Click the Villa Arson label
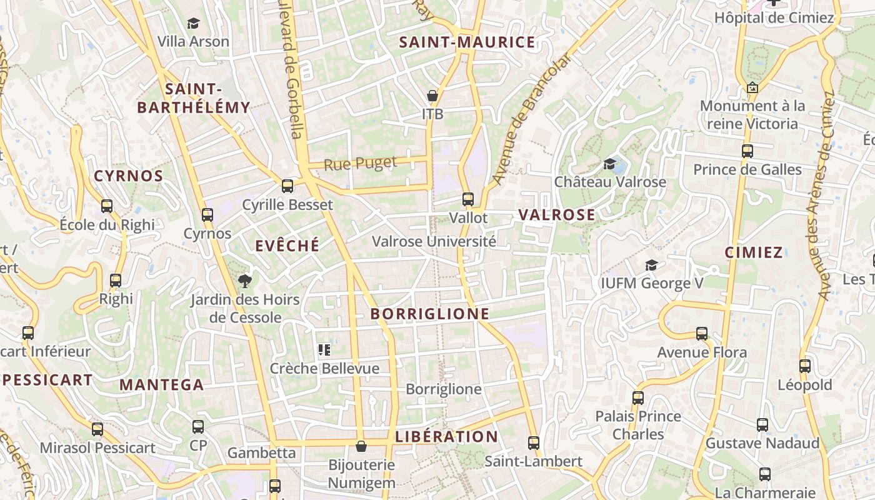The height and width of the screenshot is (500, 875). click(193, 42)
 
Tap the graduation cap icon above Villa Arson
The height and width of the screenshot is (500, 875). click(193, 24)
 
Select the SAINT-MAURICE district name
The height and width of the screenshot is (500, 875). click(467, 42)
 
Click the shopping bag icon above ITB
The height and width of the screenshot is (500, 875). click(432, 96)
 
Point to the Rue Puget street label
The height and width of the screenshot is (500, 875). click(361, 164)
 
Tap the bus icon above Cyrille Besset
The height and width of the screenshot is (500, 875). click(287, 186)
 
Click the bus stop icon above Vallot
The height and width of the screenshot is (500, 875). click(468, 199)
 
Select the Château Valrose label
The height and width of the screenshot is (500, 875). click(610, 182)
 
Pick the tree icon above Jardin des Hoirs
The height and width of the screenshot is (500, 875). click(244, 281)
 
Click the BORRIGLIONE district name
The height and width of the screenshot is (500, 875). click(430, 314)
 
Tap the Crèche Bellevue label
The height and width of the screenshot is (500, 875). click(324, 368)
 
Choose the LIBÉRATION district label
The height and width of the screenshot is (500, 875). click(446, 437)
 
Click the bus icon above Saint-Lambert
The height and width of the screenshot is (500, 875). click(533, 442)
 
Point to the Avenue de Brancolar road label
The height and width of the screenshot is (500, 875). click(531, 119)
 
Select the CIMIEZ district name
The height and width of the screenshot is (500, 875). click(754, 252)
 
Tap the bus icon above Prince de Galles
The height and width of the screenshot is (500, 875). click(747, 151)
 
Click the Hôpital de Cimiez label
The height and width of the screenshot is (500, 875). click(774, 17)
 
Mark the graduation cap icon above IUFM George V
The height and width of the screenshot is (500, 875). click(651, 265)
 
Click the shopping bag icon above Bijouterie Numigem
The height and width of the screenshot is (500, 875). click(361, 446)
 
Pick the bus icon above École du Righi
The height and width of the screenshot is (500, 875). click(107, 206)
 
